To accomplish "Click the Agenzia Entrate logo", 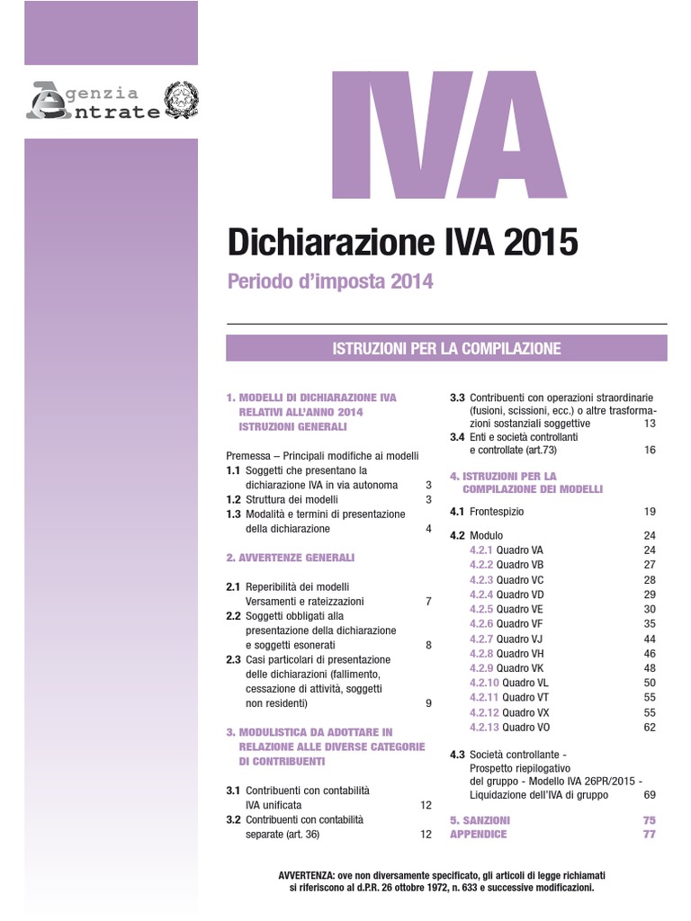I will [94, 102].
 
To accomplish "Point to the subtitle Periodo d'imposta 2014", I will [329, 282].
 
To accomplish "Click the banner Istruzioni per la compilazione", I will [446, 348].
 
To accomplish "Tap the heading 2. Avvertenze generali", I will [290, 558].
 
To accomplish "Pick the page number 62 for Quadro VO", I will [650, 727].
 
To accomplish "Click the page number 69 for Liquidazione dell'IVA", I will [650, 795].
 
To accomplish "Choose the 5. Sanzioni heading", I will [480, 820].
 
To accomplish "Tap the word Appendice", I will [478, 835].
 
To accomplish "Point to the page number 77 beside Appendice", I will [650, 835].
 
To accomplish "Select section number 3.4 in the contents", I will [457, 437].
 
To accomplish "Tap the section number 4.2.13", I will [484, 727].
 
